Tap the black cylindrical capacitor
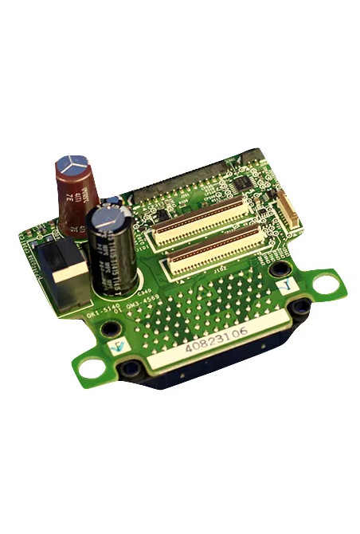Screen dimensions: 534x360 pos(111,251)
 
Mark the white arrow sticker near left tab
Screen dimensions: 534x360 pos(117,345)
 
